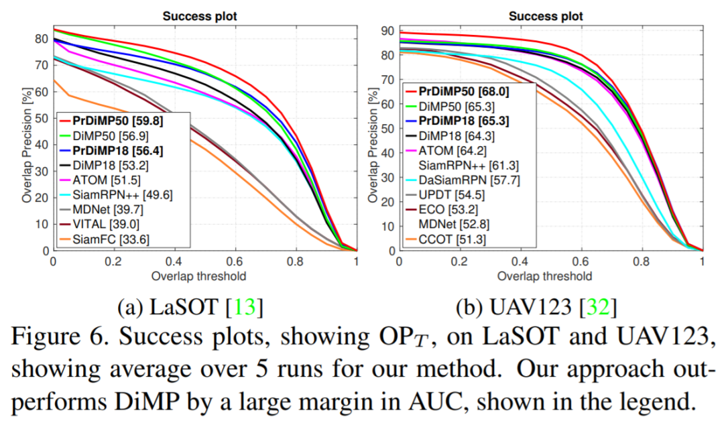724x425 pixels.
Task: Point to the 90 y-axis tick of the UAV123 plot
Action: [x=387, y=30]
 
